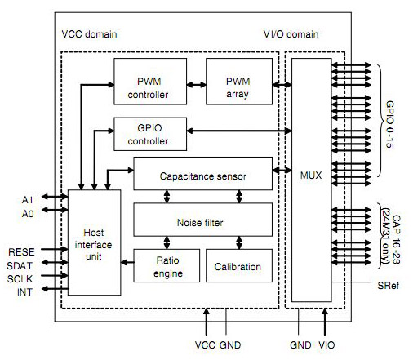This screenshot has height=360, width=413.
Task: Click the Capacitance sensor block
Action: (202, 175)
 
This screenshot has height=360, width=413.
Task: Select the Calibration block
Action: (238, 267)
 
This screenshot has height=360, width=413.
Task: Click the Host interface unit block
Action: (95, 245)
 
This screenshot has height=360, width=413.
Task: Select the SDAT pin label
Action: (22, 264)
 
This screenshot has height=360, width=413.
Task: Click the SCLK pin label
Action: (22, 278)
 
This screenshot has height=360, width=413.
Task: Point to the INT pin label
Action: (25, 291)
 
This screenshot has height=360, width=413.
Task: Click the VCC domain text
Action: (90, 35)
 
